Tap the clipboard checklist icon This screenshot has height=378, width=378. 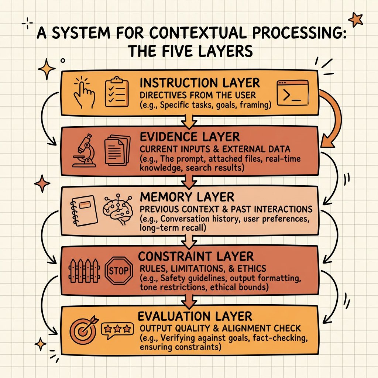117,92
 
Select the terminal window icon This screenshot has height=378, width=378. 293,93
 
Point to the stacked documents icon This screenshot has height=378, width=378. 117,150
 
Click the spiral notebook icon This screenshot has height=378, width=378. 83,210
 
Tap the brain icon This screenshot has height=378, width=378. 118,209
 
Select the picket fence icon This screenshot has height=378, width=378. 85,271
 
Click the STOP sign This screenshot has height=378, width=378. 118,271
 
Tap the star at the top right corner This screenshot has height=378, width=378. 355,20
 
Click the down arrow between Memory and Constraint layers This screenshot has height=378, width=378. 189,241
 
